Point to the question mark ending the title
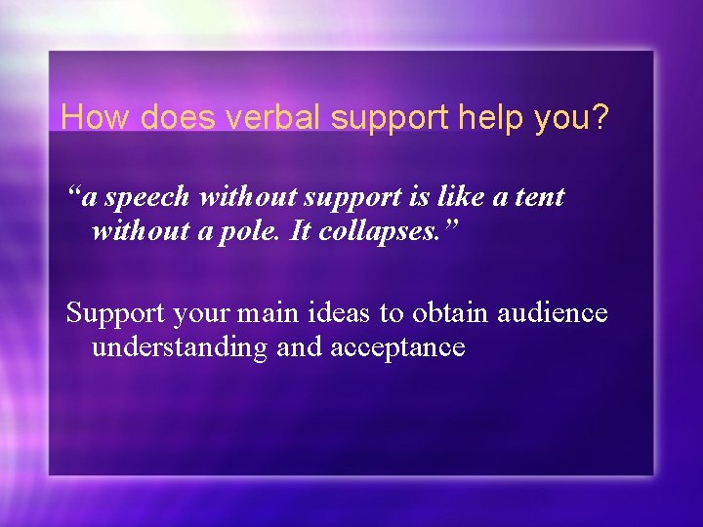click(600, 118)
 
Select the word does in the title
click(180, 118)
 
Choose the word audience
click(553, 313)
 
